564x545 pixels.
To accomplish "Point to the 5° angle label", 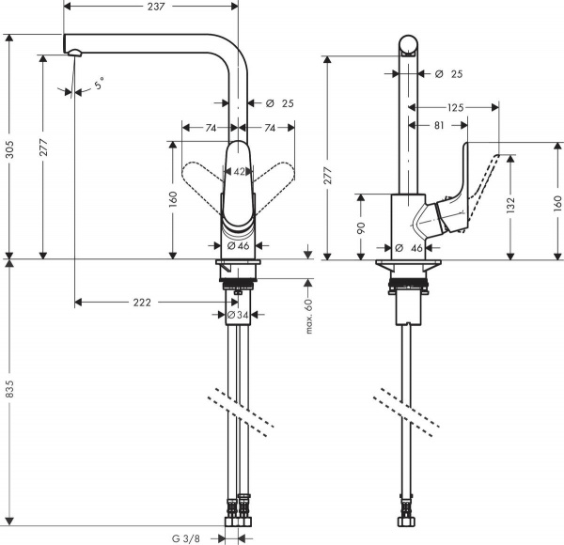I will point(100,86).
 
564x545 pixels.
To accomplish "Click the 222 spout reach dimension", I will point(141,303).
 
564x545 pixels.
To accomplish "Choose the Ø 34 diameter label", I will point(240,315).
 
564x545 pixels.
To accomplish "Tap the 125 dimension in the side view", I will point(456,108).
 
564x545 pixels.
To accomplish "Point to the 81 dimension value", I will point(440,123).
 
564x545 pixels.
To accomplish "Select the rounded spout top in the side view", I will point(409,43).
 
